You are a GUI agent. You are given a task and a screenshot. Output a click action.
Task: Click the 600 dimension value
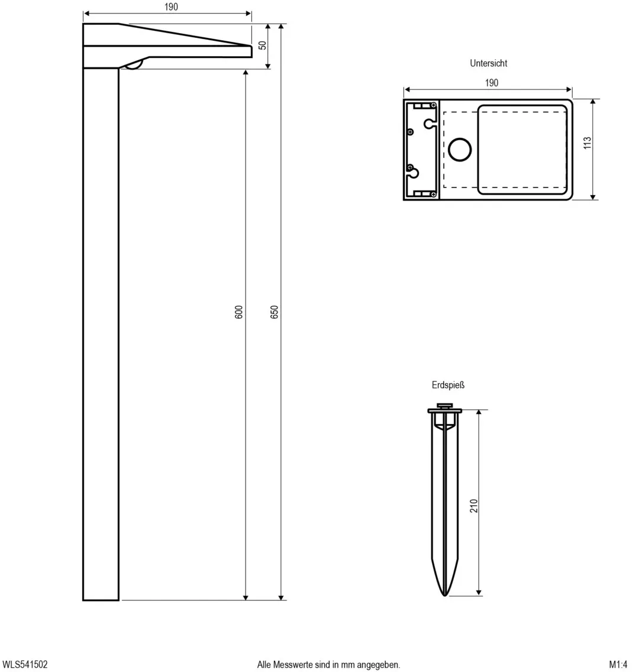[239, 312]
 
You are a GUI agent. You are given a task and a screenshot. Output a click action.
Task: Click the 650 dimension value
[275, 312]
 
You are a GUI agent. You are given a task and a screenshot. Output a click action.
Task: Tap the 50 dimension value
[262, 45]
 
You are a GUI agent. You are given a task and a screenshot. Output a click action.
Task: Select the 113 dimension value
[588, 143]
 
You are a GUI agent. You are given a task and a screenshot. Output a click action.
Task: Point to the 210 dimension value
[473, 506]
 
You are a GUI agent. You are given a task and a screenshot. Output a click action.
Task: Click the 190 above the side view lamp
[171, 7]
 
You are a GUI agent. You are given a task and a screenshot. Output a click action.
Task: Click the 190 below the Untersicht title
[491, 83]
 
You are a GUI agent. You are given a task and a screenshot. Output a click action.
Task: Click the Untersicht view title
[488, 63]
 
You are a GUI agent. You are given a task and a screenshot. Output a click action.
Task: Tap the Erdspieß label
[448, 385]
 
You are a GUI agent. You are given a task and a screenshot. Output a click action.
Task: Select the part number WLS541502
[25, 664]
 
